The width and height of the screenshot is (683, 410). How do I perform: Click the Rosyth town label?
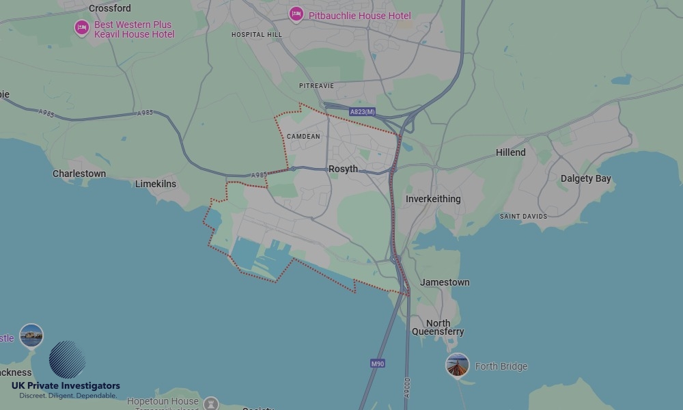pyautogui.click(x=343, y=169)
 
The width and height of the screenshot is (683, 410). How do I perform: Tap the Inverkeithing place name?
pyautogui.click(x=433, y=199)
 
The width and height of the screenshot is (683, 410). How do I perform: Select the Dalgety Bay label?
pyautogui.click(x=585, y=178)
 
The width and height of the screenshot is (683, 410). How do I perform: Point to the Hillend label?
pyautogui.click(x=511, y=152)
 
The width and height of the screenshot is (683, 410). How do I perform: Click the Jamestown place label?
pyautogui.click(x=445, y=282)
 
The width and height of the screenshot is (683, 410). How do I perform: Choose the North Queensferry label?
pyautogui.click(x=438, y=327)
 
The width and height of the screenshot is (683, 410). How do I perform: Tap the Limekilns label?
pyautogui.click(x=155, y=184)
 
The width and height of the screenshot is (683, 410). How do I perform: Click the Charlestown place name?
pyautogui.click(x=79, y=174)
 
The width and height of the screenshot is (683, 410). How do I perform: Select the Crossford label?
pyautogui.click(x=109, y=8)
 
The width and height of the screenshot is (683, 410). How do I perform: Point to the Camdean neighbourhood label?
pyautogui.click(x=303, y=137)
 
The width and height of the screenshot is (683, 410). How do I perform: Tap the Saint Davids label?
pyautogui.click(x=524, y=217)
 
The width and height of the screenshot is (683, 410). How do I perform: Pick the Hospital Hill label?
pyautogui.click(x=256, y=34)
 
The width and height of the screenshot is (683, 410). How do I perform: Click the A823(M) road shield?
pyautogui.click(x=362, y=111)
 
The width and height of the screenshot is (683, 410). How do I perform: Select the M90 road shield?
pyautogui.click(x=378, y=364)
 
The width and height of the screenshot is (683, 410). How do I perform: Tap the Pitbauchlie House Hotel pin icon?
pyautogui.click(x=296, y=14)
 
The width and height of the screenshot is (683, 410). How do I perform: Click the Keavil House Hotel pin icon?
pyautogui.click(x=82, y=28)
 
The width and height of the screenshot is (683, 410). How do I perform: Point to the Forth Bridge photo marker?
pyautogui.click(x=457, y=366)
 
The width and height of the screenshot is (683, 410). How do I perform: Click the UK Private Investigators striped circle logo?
pyautogui.click(x=67, y=359)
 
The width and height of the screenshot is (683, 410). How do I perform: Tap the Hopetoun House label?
pyautogui.click(x=163, y=401)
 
